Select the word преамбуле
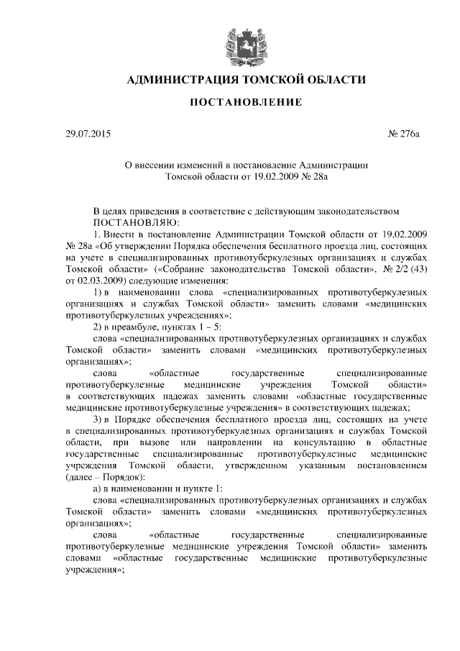(141, 326)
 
